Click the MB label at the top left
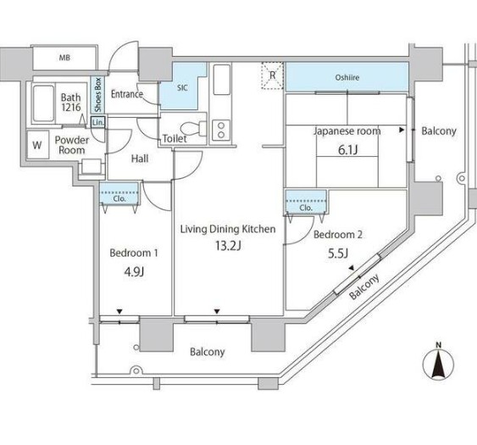click(x=64, y=58)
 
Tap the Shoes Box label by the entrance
click(x=97, y=95)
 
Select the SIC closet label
click(x=182, y=88)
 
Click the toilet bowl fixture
click(x=193, y=128)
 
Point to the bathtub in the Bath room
click(x=44, y=103)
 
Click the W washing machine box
click(x=38, y=145)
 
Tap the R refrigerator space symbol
click(x=273, y=75)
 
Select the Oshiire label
click(x=347, y=78)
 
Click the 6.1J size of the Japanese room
click(x=347, y=149)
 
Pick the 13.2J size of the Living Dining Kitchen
click(x=228, y=245)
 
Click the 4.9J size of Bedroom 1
click(x=134, y=271)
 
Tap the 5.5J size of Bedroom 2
click(x=338, y=253)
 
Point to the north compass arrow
click(x=438, y=364)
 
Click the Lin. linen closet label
click(x=98, y=123)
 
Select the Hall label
click(x=140, y=159)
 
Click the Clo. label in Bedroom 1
click(x=119, y=198)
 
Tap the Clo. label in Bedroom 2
click(x=306, y=208)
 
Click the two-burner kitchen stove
click(x=221, y=130)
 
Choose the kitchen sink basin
click(x=221, y=80)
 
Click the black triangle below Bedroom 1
click(x=119, y=311)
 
